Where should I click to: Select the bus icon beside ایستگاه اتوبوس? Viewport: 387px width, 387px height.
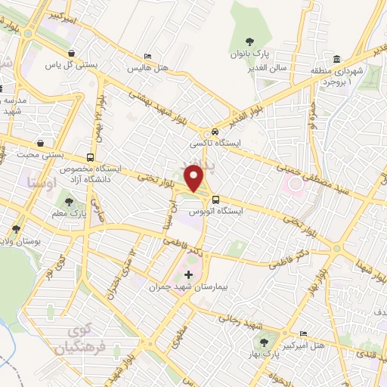[216, 200]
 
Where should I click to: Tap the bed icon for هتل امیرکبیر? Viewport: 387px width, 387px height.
[303, 333]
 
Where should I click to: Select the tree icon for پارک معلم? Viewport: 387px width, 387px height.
[69, 202]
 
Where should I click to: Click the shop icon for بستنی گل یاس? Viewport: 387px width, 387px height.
[71, 53]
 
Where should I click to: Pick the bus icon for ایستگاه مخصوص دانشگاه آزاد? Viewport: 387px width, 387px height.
[91, 158]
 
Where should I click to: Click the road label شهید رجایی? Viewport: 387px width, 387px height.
[241, 317]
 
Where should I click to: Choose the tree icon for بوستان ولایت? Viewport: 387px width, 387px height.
[16, 228]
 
